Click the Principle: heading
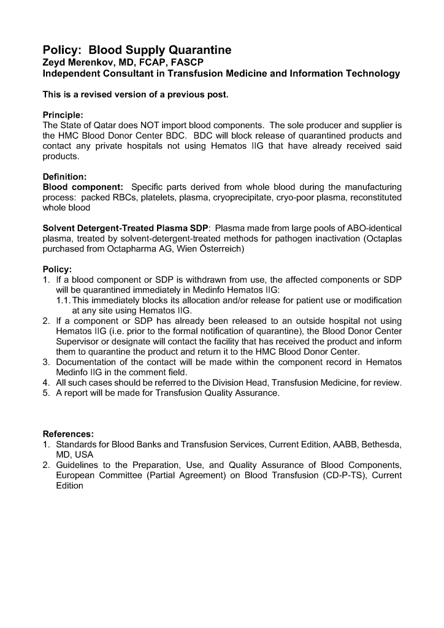[63, 115]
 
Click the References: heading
[68, 434]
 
